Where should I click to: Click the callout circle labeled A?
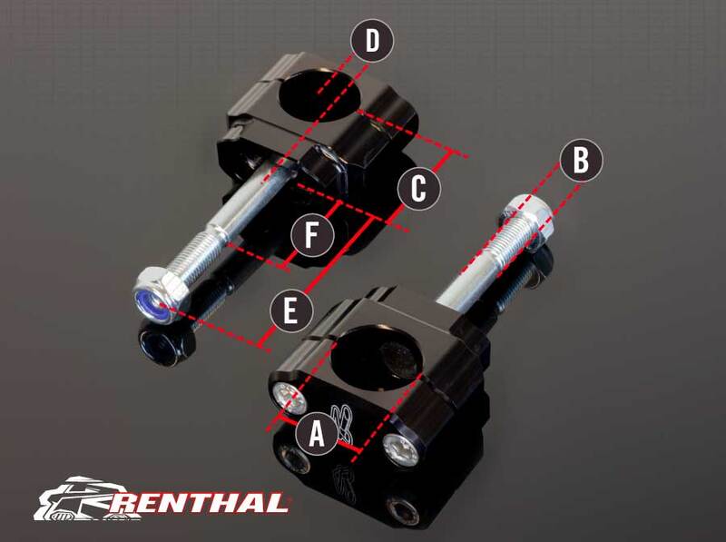click(x=316, y=434)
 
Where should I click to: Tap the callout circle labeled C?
click(x=418, y=189)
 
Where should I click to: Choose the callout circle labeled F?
click(x=311, y=239)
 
